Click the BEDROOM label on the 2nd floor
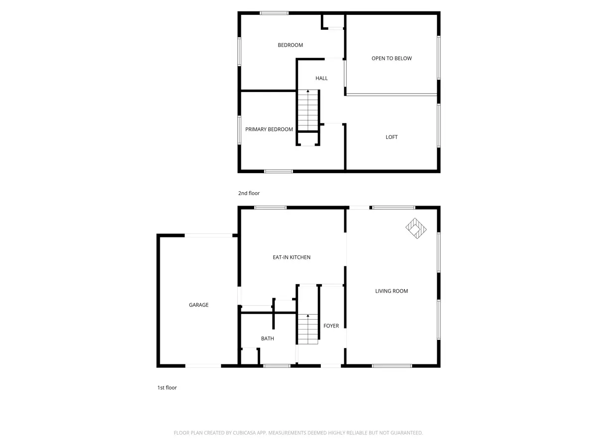point(290,45)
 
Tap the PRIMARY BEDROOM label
point(269,129)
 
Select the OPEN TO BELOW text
point(392,58)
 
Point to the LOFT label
point(392,137)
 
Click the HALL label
point(321,78)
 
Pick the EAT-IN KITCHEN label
point(292,257)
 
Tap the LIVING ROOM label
point(392,291)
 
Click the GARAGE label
point(199,305)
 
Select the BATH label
point(267,338)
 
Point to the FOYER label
point(331,326)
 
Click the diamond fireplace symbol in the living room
point(416,228)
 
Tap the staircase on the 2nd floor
point(308,110)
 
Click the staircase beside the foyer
point(308,329)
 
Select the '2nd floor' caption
point(249,193)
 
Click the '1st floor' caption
point(167,388)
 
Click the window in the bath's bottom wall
point(277,366)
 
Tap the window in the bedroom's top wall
point(274,13)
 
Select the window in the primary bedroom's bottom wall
point(278,171)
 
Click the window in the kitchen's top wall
point(270,208)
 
